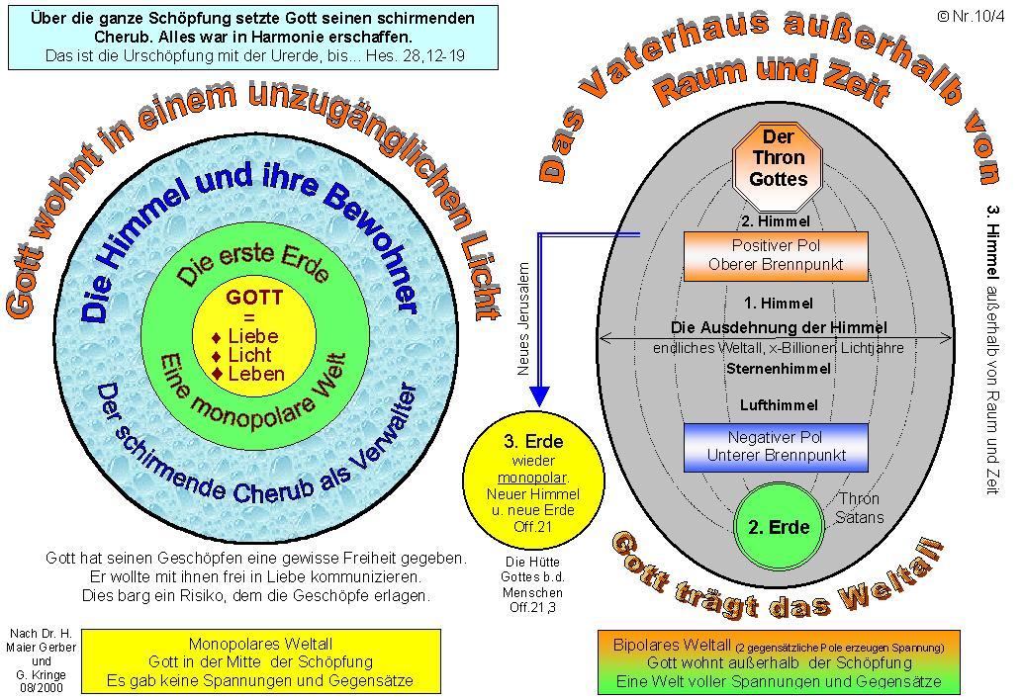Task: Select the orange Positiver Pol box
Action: click(x=776, y=255)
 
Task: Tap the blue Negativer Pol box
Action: click(x=776, y=447)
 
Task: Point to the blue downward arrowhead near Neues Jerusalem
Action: click(x=539, y=395)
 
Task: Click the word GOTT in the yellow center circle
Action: click(x=254, y=297)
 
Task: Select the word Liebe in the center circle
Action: click(x=253, y=336)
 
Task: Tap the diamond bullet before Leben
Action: click(x=217, y=374)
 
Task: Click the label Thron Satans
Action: click(x=859, y=508)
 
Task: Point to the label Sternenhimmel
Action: click(x=778, y=368)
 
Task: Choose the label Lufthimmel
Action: click(x=778, y=405)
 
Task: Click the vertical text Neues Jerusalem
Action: click(x=524, y=317)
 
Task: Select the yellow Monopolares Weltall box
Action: click(x=260, y=661)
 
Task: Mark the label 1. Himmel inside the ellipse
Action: click(x=778, y=304)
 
